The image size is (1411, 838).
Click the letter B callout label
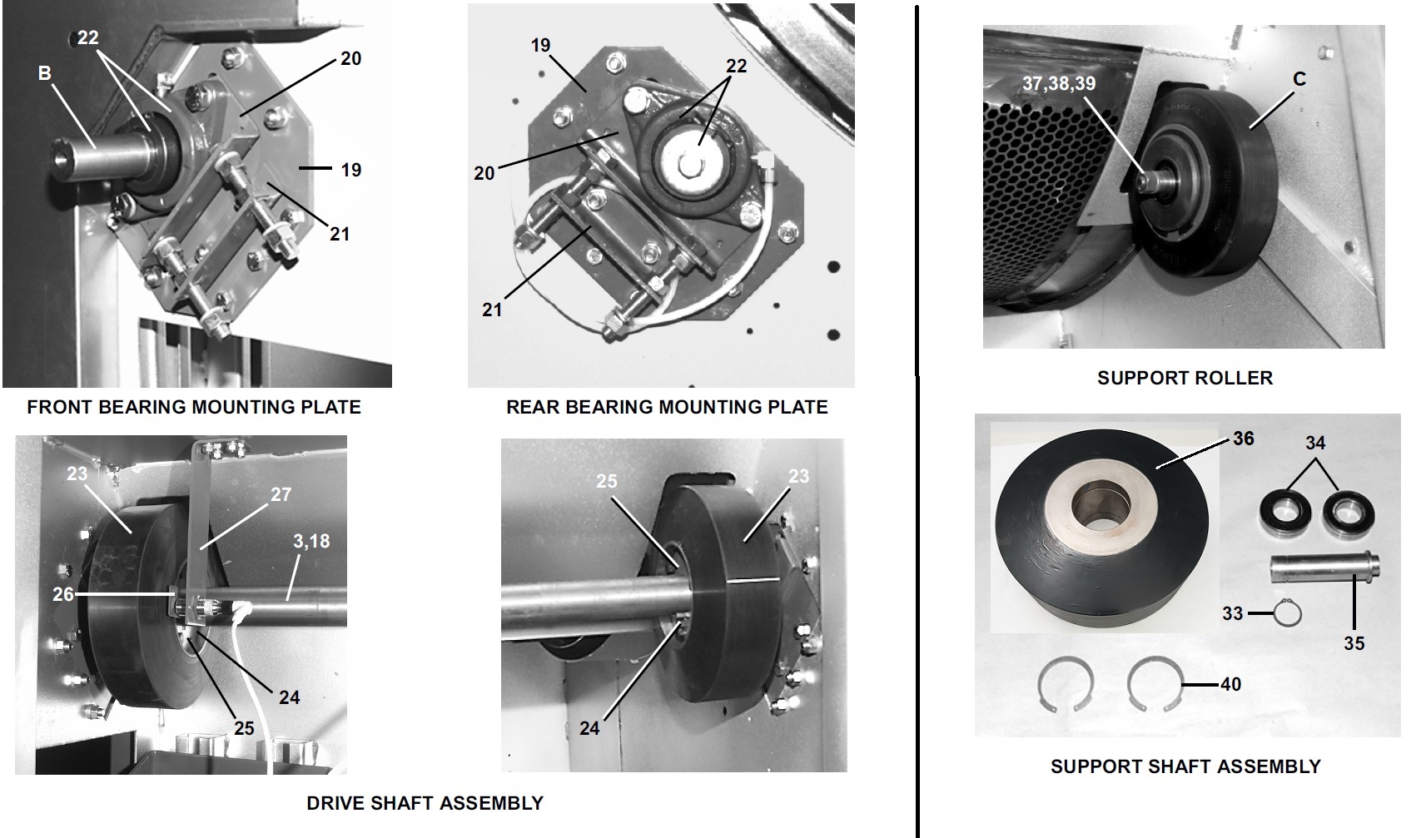pyautogui.click(x=44, y=73)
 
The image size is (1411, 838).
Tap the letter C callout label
pyautogui.click(x=1299, y=79)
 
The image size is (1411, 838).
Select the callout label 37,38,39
pyautogui.click(x=1059, y=83)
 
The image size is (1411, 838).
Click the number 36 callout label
pyautogui.click(x=1244, y=439)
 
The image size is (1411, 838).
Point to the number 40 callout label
pyautogui.click(x=1231, y=684)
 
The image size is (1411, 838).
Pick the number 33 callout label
pyautogui.click(x=1233, y=613)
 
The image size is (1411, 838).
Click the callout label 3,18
pyautogui.click(x=311, y=541)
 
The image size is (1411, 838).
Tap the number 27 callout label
pyautogui.click(x=281, y=494)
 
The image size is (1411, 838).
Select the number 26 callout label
pyautogui.click(x=63, y=593)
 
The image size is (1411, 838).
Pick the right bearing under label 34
pyautogui.click(x=1349, y=515)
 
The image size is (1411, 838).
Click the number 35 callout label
pyautogui.click(x=1354, y=642)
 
